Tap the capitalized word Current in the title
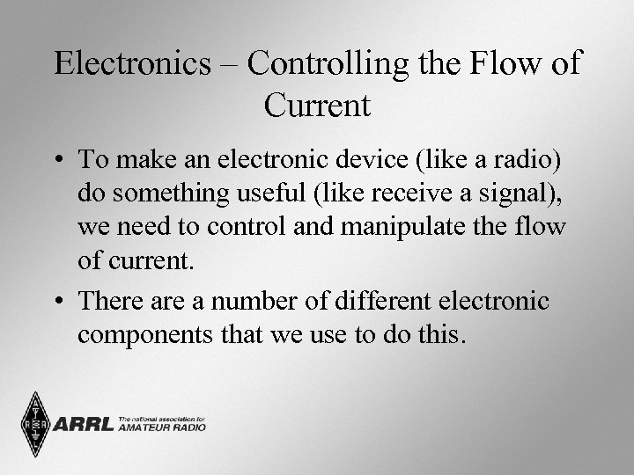317,106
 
